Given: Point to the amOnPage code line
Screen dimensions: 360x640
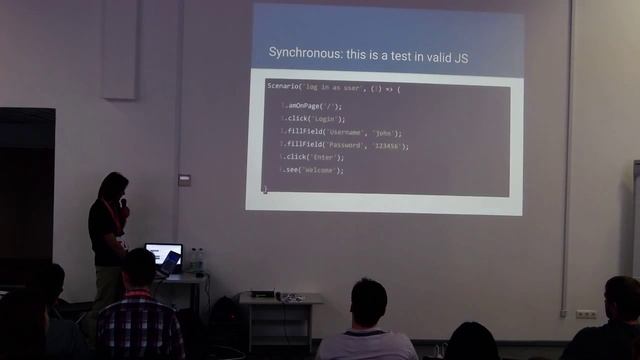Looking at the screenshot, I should point(312,106).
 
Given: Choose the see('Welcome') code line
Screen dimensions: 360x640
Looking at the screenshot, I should point(314,170).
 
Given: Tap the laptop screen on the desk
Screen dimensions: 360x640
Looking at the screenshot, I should point(162,256).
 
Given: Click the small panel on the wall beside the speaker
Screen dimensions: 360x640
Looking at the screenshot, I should point(184,180).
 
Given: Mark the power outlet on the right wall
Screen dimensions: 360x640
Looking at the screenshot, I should point(586,314).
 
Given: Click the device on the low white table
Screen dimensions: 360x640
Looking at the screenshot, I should point(262,294).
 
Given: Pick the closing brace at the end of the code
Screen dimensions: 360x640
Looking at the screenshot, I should point(264,188).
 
